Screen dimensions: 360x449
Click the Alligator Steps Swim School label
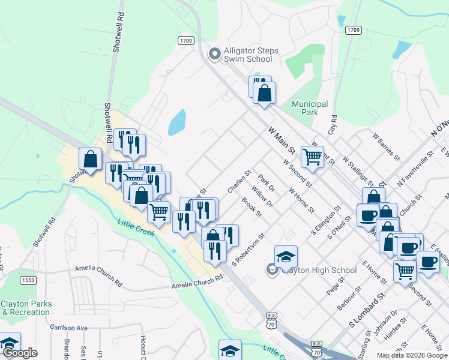coord(251,55)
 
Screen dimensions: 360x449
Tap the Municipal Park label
coord(310,108)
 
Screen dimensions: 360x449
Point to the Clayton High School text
coord(318,270)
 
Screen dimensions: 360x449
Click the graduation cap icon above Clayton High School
coord(286,256)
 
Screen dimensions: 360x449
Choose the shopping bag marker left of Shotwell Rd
coord(90,159)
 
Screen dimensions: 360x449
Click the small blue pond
coord(176,122)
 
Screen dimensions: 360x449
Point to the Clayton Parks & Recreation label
coord(26,308)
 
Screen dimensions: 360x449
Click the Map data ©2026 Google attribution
coord(411,355)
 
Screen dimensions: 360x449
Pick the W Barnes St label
coord(385,147)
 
